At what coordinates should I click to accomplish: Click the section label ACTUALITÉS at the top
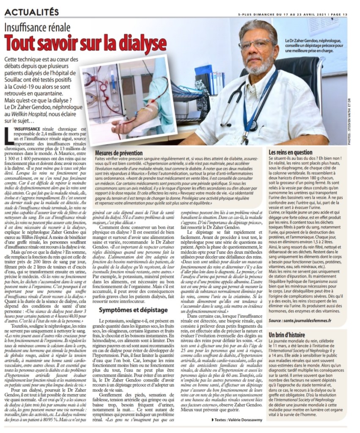32,11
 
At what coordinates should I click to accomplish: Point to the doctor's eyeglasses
257,44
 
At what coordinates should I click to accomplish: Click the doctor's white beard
259,66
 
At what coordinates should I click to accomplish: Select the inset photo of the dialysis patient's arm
127,99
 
